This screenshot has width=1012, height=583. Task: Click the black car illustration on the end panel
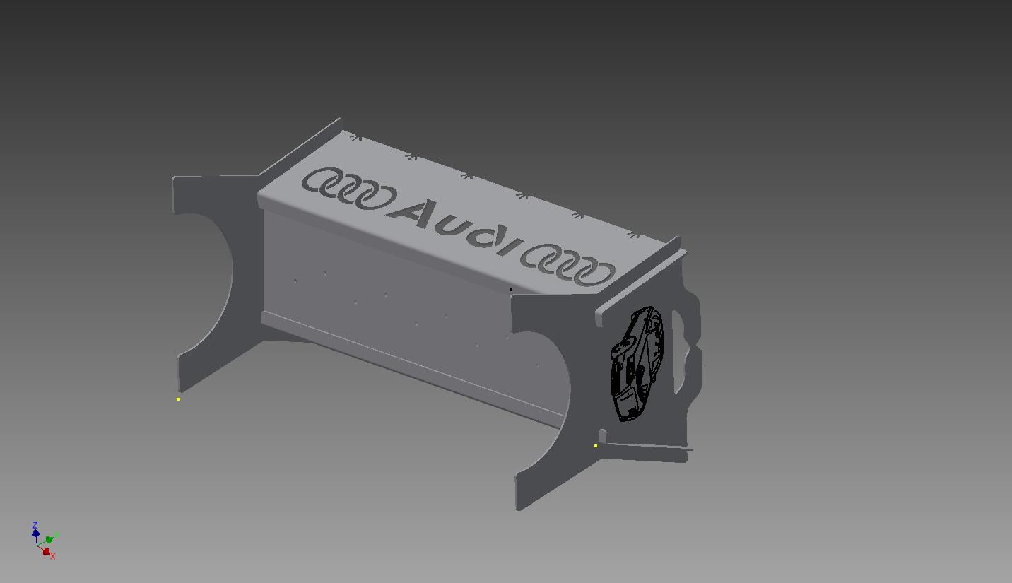[637, 364]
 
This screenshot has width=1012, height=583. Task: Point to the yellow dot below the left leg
[178, 399]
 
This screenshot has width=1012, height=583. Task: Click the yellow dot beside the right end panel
[596, 446]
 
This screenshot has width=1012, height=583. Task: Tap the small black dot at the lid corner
[511, 290]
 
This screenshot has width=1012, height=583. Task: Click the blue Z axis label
[35, 525]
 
